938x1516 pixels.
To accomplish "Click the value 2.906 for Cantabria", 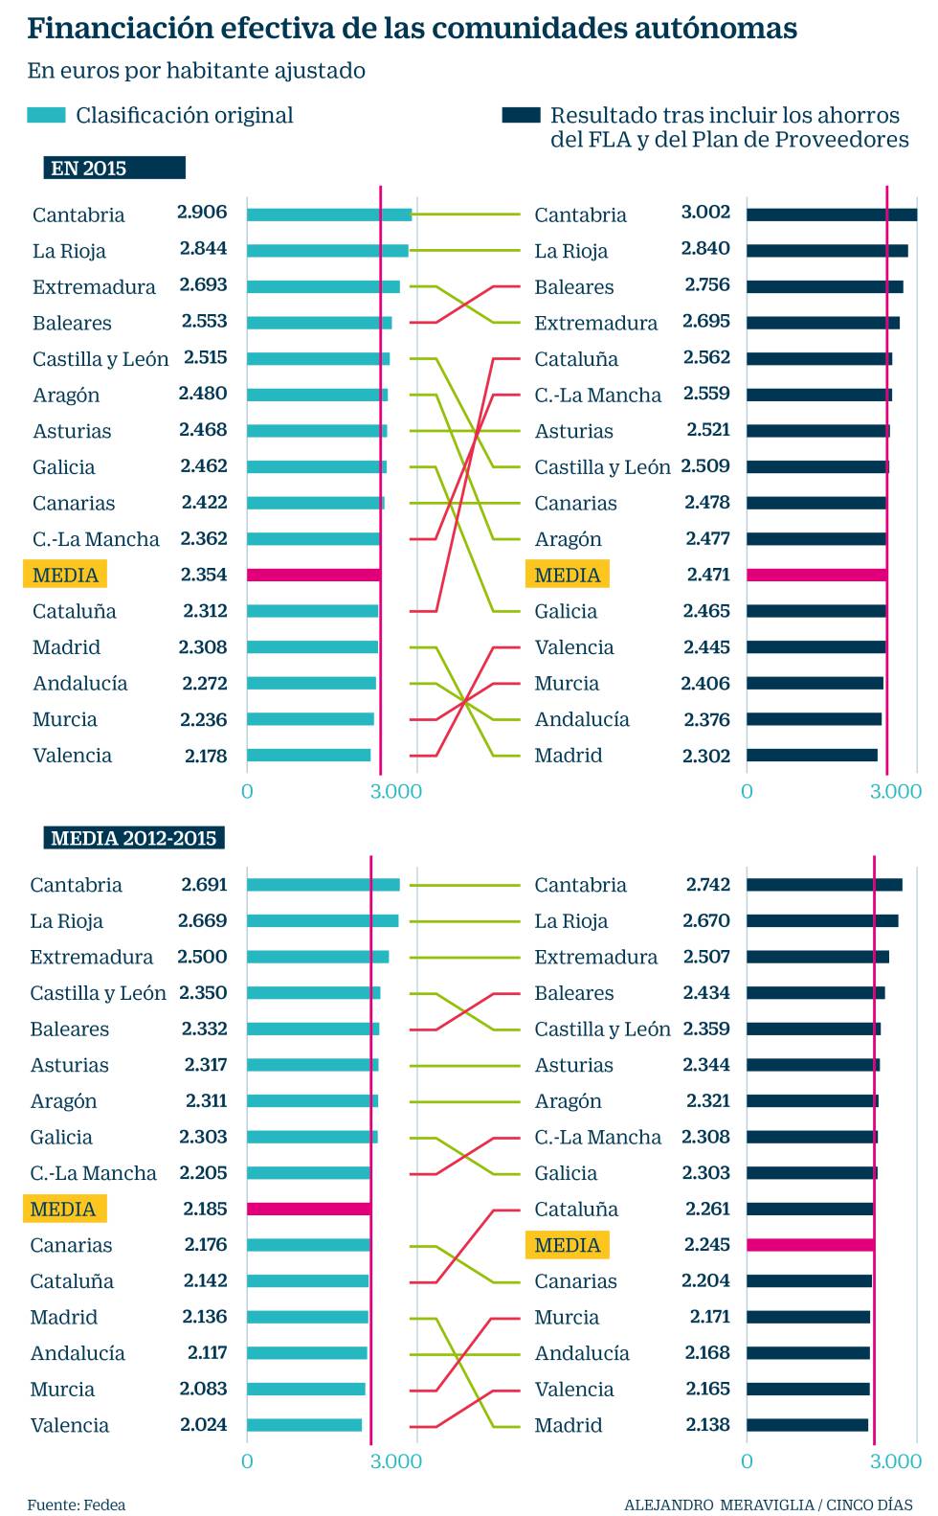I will coord(202,213).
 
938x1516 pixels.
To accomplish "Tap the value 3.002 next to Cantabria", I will coord(705,213).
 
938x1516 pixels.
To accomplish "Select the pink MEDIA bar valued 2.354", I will coord(313,575).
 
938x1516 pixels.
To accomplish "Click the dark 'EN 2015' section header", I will coord(114,169).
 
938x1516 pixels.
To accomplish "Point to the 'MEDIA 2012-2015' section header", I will coord(134,839).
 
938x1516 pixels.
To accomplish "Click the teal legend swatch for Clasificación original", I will coord(46,115).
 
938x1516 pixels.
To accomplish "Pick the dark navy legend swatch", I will coord(521,115).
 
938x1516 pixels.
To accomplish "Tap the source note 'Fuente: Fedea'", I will coord(76,1505).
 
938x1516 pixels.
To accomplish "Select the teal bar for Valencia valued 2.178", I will coord(308,755).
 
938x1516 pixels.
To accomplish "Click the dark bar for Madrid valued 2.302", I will coord(812,755).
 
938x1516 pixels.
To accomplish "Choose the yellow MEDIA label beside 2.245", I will coord(567,1245).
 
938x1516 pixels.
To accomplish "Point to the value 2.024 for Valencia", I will coord(204,1424).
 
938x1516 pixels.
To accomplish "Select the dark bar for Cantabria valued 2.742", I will coord(824,885).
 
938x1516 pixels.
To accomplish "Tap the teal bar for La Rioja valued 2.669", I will coord(323,920).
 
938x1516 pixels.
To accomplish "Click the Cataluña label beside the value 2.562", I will coord(576,359).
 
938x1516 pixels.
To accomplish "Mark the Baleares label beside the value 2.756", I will coord(574,287).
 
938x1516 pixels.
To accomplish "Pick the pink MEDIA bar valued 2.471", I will coord(816,575).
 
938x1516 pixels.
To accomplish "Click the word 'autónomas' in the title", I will coord(716,29).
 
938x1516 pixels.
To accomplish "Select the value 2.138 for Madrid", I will coord(708,1424).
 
